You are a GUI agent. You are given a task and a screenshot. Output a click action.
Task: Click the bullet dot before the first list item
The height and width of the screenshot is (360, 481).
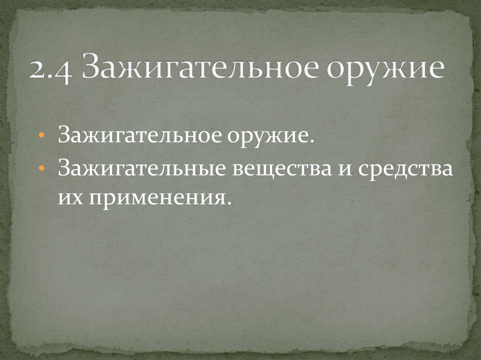pyautogui.click(x=42, y=136)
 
